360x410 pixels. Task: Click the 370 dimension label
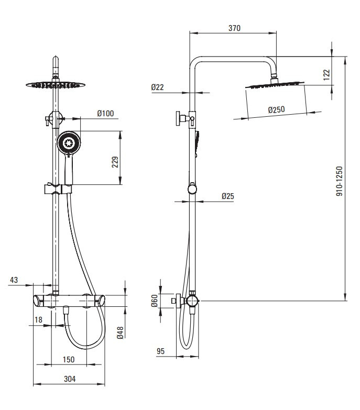234,28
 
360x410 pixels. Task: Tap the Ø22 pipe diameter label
158,87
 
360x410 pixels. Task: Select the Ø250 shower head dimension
277,109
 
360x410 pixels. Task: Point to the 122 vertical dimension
327,75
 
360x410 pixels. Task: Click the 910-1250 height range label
339,181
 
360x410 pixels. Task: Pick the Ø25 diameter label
228,196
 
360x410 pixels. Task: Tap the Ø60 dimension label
155,301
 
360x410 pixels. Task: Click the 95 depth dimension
161,351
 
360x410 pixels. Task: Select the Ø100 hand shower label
105,114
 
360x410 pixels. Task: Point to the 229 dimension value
115,162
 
